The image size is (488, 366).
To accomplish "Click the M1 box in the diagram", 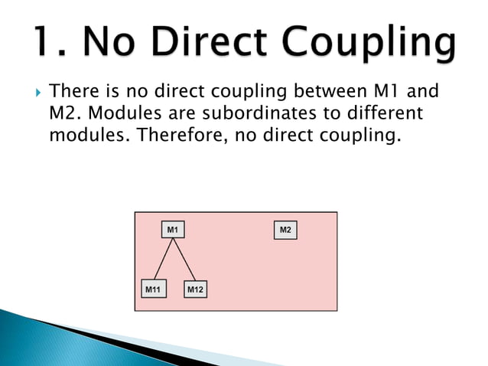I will [x=173, y=230].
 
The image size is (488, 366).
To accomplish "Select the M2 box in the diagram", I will [x=285, y=230].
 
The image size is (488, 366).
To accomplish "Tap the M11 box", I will [x=153, y=289].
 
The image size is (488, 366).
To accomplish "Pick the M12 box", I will [x=196, y=289].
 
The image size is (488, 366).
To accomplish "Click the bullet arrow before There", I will [x=37, y=93].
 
